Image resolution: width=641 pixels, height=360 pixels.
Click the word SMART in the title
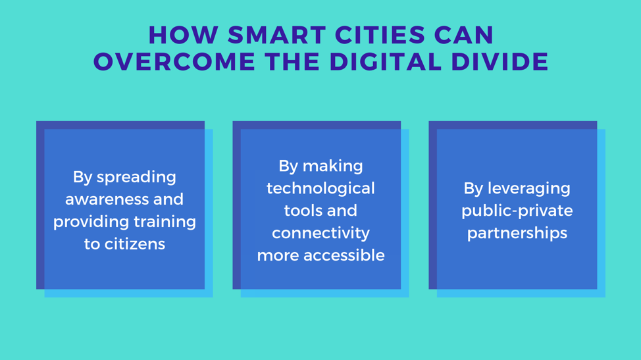[x=277, y=35]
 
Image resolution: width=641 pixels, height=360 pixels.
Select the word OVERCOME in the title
[x=174, y=62]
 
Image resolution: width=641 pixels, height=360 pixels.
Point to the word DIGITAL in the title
[x=386, y=62]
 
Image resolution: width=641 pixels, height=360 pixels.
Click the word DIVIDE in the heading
[x=500, y=62]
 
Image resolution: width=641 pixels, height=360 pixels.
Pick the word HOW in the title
[x=184, y=35]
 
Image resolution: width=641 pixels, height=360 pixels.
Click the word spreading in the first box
[x=136, y=177]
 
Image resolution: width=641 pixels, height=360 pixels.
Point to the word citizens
[x=134, y=244]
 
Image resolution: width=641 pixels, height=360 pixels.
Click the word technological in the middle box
[x=320, y=189]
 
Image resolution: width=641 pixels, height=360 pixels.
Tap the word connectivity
[x=321, y=234]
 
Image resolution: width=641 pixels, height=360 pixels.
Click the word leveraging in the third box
[x=529, y=189]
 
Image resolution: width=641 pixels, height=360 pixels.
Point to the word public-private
[x=517, y=211]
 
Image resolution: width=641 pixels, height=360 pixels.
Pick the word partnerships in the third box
[x=517, y=234]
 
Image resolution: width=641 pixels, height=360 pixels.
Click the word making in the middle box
[x=333, y=167]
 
